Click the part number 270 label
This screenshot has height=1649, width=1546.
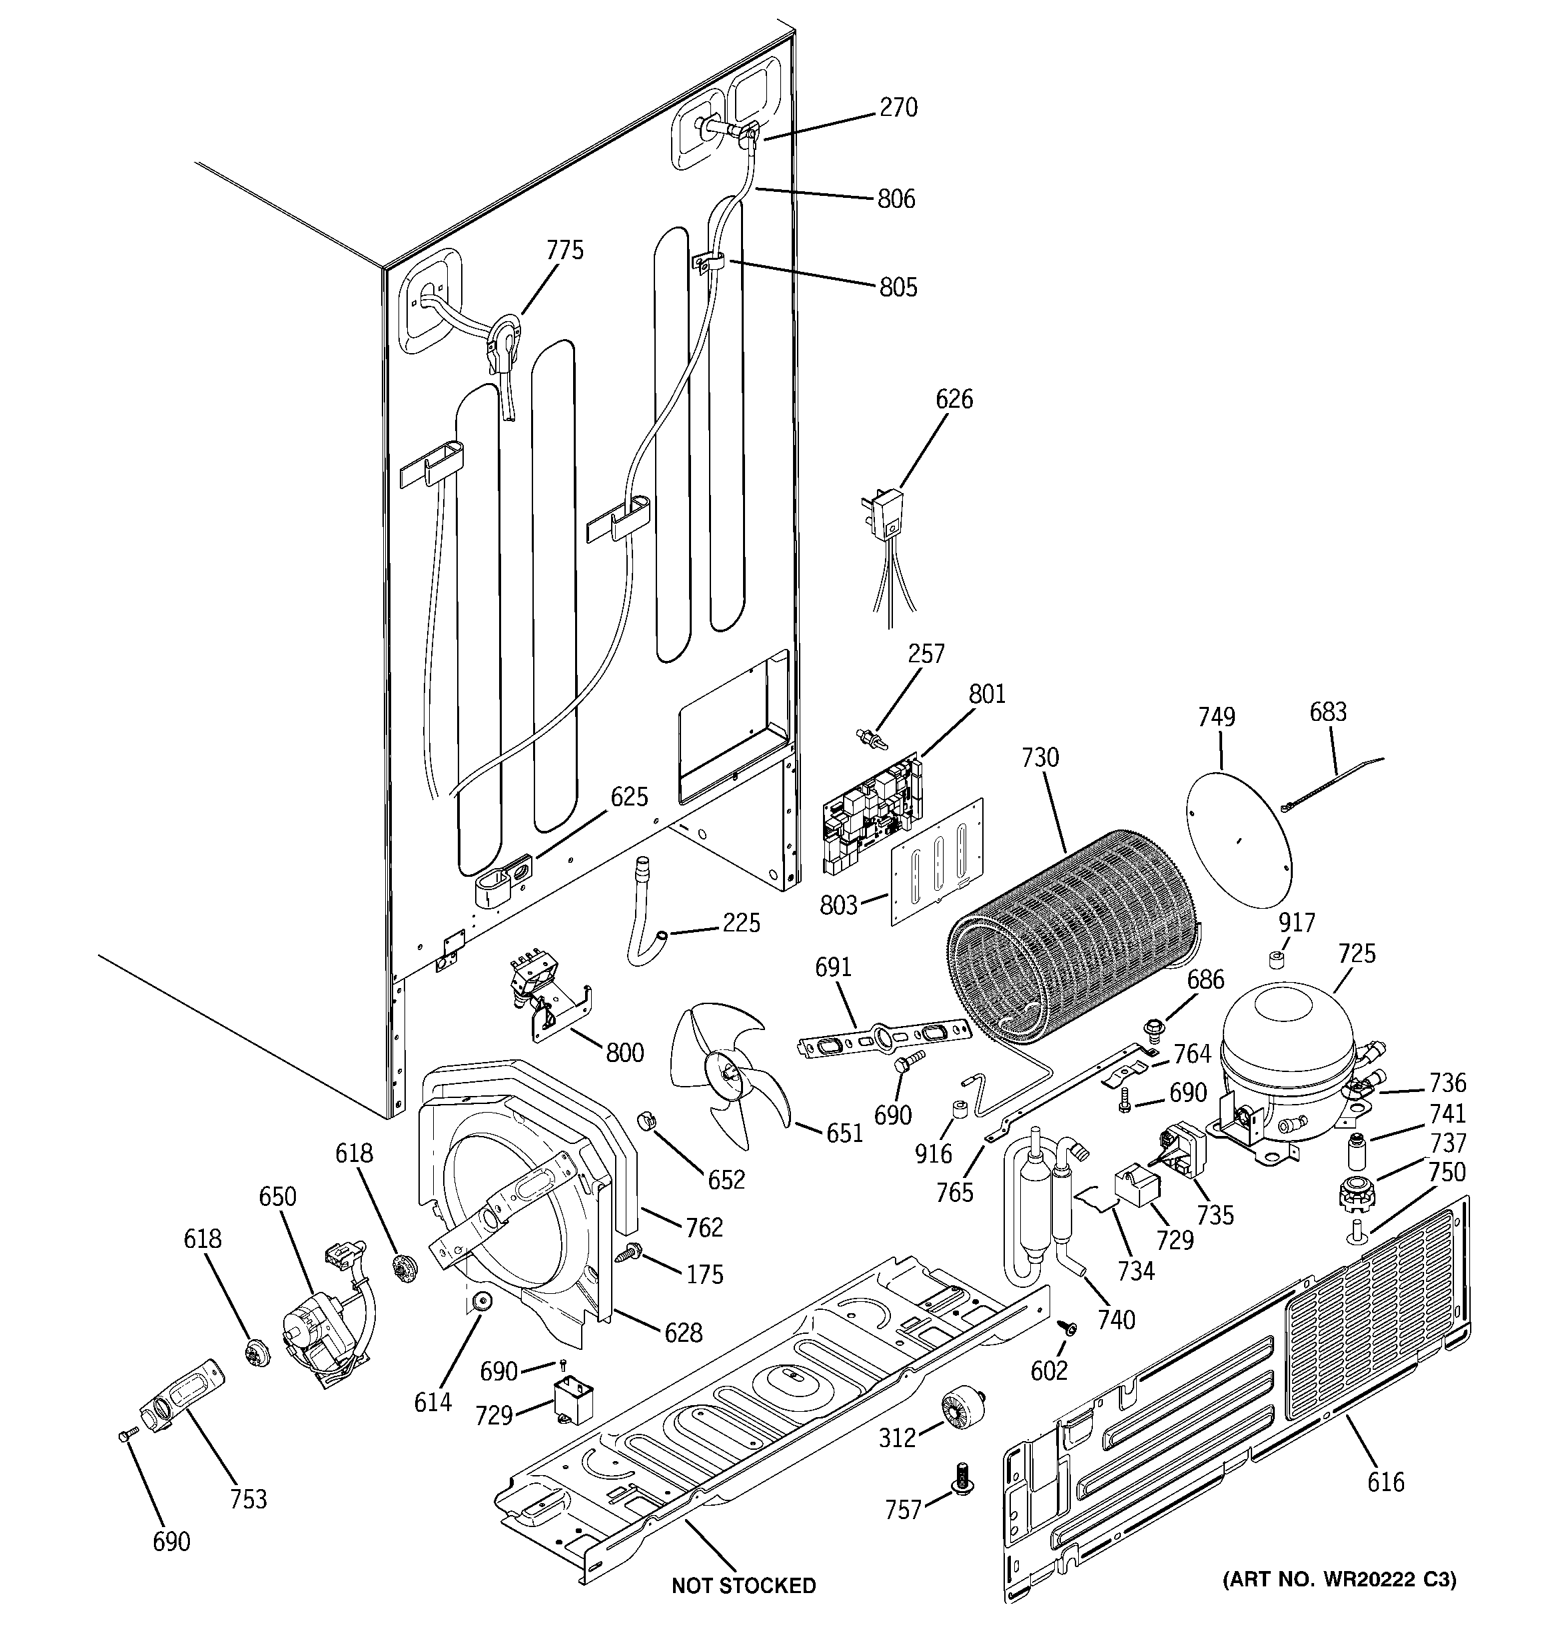click(899, 109)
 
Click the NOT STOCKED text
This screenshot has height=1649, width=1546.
click(744, 1586)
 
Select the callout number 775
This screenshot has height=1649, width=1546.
click(565, 251)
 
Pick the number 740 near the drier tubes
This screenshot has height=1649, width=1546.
click(1116, 1319)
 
